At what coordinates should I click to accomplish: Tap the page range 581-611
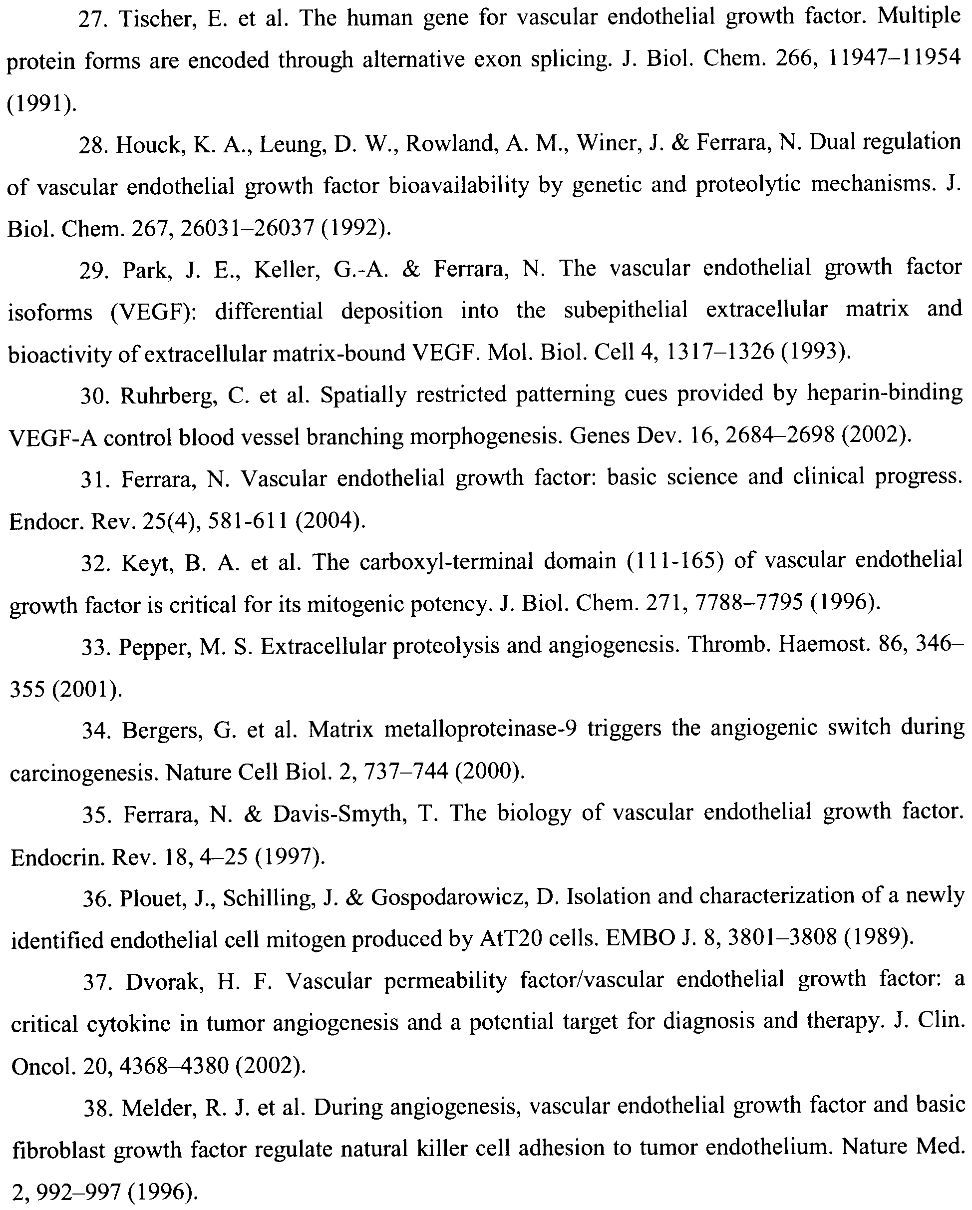248,521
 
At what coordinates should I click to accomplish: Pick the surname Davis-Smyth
339,814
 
